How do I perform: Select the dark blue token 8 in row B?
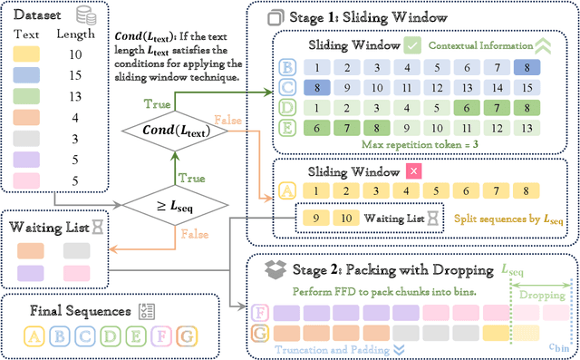coord(522,67)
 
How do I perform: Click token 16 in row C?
coord(522,88)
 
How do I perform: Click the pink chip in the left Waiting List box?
coord(77,272)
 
